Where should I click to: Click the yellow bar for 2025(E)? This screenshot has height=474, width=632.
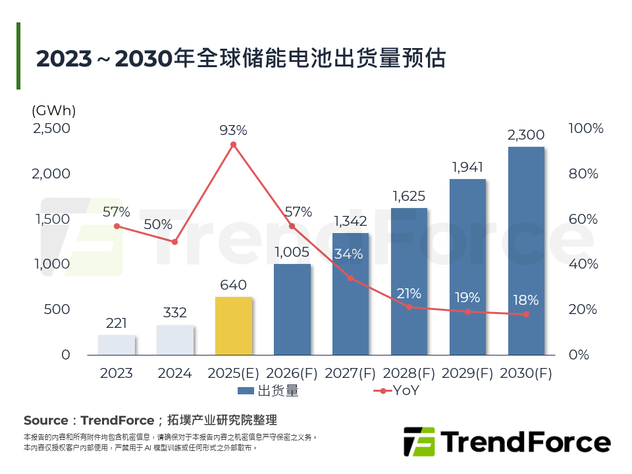[234, 326]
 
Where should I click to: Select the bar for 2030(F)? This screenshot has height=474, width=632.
[526, 250]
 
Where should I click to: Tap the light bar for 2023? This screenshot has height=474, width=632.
[117, 344]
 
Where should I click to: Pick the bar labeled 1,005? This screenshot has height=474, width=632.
[292, 309]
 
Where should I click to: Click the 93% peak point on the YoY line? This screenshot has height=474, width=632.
[233, 144]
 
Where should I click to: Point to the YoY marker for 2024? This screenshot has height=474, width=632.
[175, 242]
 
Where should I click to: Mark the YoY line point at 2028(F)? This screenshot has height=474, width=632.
[409, 307]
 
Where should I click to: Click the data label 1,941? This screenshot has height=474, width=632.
[467, 167]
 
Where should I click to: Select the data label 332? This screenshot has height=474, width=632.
[175, 313]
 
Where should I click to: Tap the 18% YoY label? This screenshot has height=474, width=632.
[526, 300]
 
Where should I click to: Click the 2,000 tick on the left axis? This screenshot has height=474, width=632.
[52, 174]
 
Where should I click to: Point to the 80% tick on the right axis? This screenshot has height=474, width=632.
[583, 174]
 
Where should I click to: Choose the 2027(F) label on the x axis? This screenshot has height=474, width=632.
[350, 373]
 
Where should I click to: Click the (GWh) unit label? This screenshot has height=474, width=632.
[53, 111]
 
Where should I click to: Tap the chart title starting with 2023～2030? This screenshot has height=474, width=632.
[241, 58]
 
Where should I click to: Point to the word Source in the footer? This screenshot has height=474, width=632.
[45, 420]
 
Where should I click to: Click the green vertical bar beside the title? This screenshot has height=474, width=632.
[18, 56]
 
